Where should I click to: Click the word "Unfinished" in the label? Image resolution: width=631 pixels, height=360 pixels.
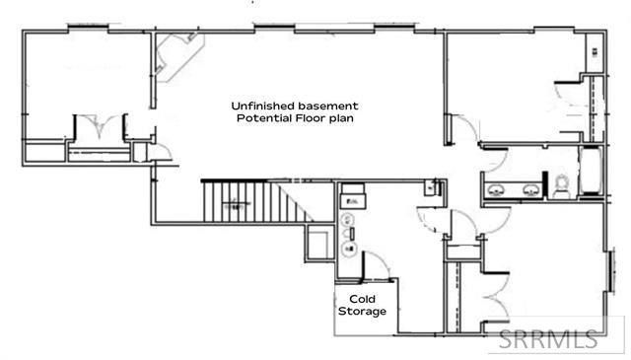pyautogui.click(x=259, y=105)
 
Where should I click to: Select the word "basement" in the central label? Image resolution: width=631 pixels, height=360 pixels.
pyautogui.click(x=326, y=105)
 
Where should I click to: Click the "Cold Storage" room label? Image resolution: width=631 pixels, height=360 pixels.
pyautogui.click(x=362, y=304)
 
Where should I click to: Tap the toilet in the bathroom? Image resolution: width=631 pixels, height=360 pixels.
pyautogui.click(x=560, y=185)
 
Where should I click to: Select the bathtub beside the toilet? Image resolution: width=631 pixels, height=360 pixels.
pyautogui.click(x=589, y=174)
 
